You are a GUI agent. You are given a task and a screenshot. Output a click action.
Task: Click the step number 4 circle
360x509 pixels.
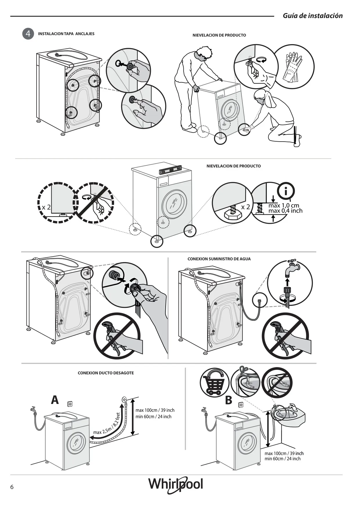28,34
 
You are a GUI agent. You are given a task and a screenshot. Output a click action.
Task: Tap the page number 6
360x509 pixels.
12,487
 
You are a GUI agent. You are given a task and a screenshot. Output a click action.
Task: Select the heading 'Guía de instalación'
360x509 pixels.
313,16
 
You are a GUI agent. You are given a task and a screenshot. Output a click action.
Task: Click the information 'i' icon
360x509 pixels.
286,191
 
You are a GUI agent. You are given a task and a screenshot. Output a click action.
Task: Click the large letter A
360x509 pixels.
55,400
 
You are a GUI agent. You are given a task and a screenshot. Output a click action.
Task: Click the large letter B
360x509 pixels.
229,400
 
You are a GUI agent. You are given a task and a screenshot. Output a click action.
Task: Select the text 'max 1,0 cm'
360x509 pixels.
283,205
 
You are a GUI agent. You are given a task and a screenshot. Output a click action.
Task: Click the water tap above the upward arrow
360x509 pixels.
292,269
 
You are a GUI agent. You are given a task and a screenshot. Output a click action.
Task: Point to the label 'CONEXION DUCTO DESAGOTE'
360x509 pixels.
106,373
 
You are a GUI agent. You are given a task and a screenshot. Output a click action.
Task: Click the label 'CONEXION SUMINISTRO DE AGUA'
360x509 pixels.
219,259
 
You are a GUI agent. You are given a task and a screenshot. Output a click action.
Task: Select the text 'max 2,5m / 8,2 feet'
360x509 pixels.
107,424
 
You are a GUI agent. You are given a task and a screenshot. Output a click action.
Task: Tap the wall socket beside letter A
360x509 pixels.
70,404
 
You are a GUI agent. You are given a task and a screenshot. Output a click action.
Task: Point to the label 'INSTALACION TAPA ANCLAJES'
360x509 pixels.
66,34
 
